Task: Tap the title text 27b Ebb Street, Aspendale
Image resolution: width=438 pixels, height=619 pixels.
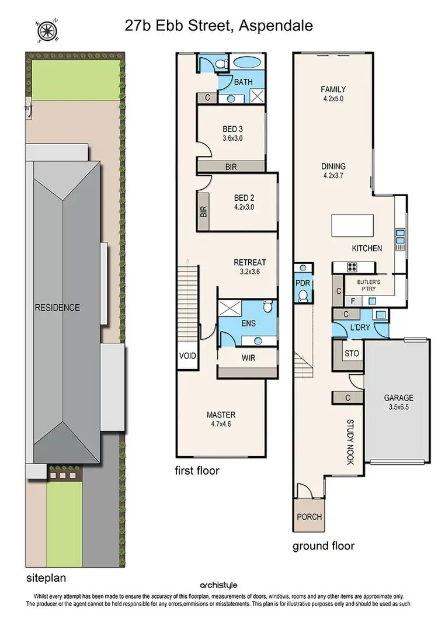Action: tap(218, 25)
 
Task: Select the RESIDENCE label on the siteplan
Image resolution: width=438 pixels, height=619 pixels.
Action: tap(57, 307)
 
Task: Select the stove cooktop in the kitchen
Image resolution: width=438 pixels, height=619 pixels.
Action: tap(352, 267)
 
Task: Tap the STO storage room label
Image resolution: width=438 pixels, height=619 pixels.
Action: tap(352, 354)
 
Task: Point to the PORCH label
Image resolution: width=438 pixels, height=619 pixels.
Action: tap(308, 517)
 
